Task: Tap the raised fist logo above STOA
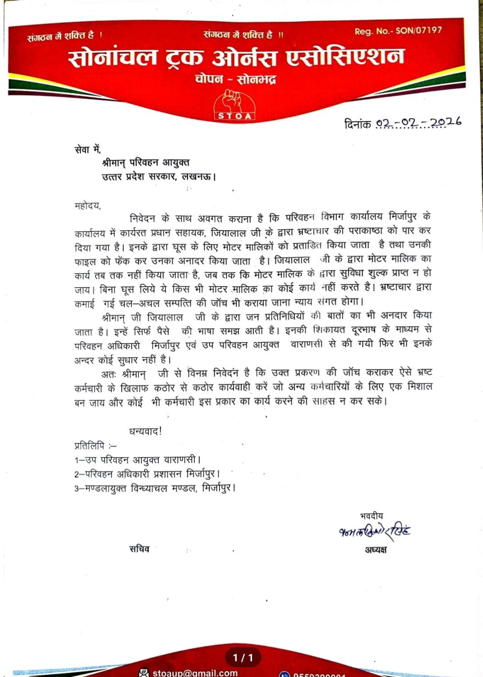pos(234,101)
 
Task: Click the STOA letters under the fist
pos(235,116)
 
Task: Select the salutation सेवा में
pos(87,148)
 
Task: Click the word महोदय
pos(87,206)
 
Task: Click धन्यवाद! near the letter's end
pos(145,431)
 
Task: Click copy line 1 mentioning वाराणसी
pos(137,460)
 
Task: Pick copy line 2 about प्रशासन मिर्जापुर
pos(147,474)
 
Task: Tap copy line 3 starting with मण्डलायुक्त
pos(155,488)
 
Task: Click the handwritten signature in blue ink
pos(374,531)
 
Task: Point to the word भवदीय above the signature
pos(372,515)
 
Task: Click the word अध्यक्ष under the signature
pos(376,549)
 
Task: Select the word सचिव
pos(139,549)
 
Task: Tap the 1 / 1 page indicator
pos(243,658)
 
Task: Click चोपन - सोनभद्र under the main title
pos(235,79)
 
